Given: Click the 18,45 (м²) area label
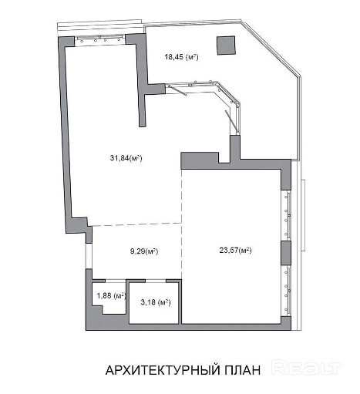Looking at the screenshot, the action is pyautogui.click(x=181, y=57).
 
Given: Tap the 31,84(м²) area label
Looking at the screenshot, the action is pyautogui.click(x=126, y=158).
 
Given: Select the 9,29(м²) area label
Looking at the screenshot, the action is pyautogui.click(x=144, y=251).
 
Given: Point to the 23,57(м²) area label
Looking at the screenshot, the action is pyautogui.click(x=235, y=250).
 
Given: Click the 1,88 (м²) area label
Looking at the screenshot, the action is pyautogui.click(x=111, y=295).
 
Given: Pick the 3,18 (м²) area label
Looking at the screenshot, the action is pyautogui.click(x=156, y=302).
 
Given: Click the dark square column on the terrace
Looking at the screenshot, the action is pyautogui.click(x=226, y=45).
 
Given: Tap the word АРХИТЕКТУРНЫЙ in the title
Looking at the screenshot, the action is pyautogui.click(x=163, y=370).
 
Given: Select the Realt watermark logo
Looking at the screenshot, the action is pyautogui.click(x=307, y=368).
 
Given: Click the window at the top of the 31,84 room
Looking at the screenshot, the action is pyautogui.click(x=100, y=41).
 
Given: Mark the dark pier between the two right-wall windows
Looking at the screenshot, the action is pyautogui.click(x=286, y=253).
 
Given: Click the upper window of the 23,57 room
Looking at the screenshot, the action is pyautogui.click(x=286, y=215).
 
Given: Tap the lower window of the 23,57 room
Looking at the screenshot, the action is pyautogui.click(x=286, y=291).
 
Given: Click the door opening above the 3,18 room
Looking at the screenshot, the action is pyautogui.click(x=156, y=281).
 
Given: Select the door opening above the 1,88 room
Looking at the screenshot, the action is pyautogui.click(x=116, y=281).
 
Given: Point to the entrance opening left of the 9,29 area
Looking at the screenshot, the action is pyautogui.click(x=89, y=256).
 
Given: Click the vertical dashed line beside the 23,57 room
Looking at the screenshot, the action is pyautogui.click(x=182, y=224).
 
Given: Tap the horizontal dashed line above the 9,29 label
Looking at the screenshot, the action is pyautogui.click(x=136, y=224).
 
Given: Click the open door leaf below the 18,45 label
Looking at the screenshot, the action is pyautogui.click(x=177, y=90).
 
